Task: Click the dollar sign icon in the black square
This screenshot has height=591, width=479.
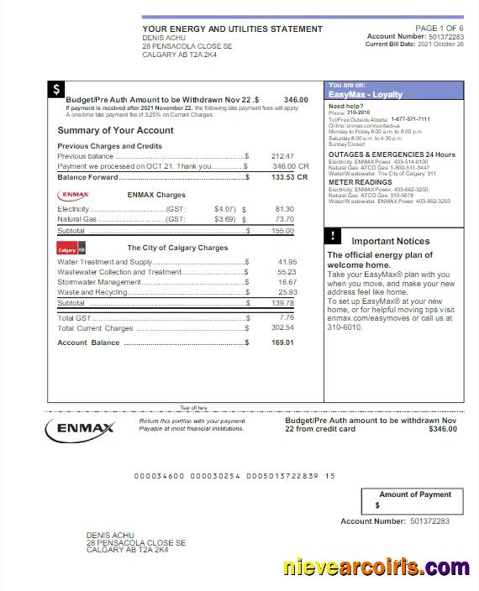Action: point(56,90)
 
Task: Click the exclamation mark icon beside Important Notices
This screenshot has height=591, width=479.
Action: point(333,236)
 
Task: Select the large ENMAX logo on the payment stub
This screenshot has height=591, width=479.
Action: point(81,428)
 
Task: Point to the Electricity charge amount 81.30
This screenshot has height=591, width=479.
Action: point(284,208)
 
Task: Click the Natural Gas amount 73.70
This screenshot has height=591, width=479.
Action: point(284,219)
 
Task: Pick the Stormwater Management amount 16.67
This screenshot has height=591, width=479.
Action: point(287,282)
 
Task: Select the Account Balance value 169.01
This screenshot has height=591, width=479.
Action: point(283,343)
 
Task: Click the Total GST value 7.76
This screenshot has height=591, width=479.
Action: point(287,318)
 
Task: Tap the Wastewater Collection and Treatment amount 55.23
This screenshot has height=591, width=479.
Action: point(287,272)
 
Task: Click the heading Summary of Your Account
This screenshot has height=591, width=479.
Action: point(115,130)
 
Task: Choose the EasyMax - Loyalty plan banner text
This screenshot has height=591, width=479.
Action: point(366,95)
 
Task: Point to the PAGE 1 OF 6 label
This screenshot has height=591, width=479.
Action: point(439,29)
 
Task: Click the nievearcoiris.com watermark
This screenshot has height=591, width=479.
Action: point(376,568)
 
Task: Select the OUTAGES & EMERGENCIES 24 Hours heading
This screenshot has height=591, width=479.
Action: point(392,154)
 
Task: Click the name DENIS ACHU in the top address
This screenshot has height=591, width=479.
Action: point(163,38)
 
